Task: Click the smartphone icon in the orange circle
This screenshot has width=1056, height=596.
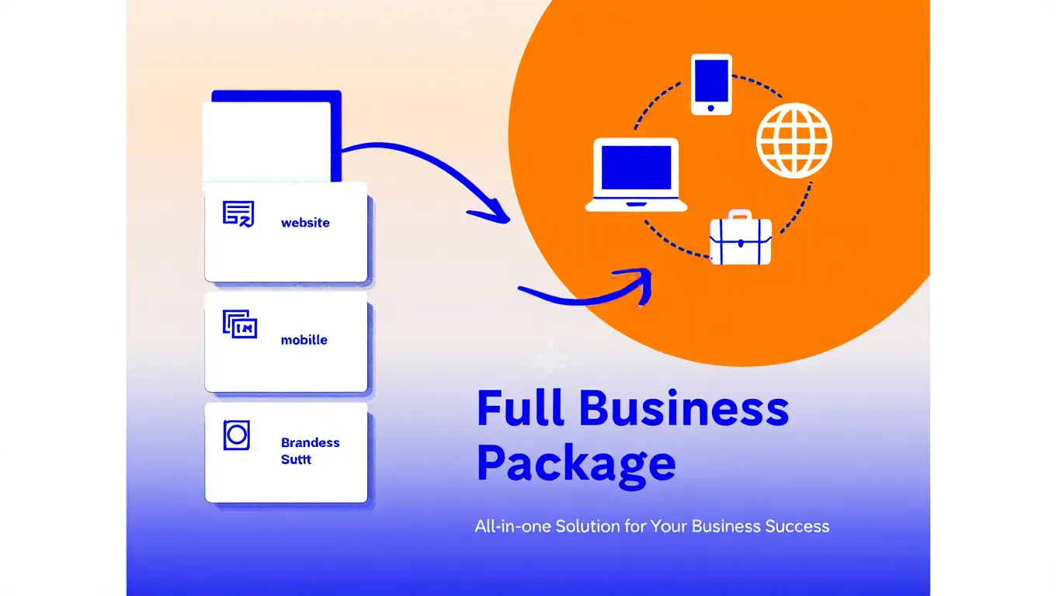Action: pos(711,85)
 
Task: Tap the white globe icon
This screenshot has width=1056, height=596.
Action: pos(794,141)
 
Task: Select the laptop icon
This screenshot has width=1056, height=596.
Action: pos(636,175)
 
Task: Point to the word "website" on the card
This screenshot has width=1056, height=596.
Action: pos(305,223)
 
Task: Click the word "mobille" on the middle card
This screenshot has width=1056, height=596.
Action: pos(304,340)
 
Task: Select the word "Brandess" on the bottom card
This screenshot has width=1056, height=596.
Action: pos(310,442)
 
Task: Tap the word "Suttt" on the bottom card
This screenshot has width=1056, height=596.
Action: pos(296,459)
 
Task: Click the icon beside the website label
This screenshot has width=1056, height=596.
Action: pos(238,213)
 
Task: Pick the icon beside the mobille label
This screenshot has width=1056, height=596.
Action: pos(239,324)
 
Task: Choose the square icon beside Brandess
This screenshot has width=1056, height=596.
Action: pos(236,435)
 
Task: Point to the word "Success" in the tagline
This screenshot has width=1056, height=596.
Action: pos(797,526)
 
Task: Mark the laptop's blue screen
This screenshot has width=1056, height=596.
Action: pos(636,168)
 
